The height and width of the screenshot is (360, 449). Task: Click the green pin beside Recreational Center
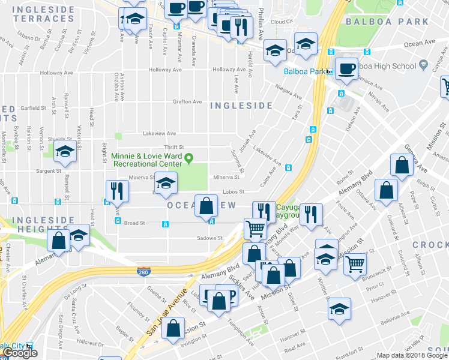coord(189,159)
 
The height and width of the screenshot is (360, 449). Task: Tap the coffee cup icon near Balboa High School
coord(346,68)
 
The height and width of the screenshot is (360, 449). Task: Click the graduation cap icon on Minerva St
coord(166,182)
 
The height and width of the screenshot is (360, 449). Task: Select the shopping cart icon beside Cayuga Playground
coord(255,229)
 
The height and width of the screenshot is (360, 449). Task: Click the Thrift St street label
coord(174,147)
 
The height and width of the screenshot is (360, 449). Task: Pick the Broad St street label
coord(134,223)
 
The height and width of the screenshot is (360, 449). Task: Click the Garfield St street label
coord(34,108)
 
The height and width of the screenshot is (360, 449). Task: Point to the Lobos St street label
coord(234,192)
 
